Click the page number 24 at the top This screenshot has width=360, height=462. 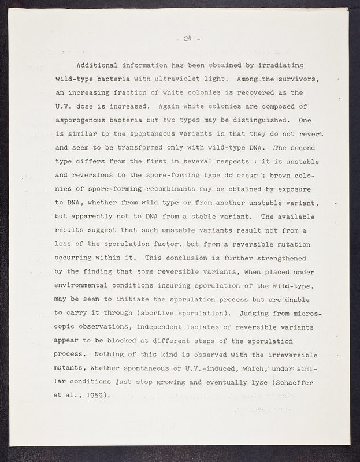(x=187, y=39)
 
